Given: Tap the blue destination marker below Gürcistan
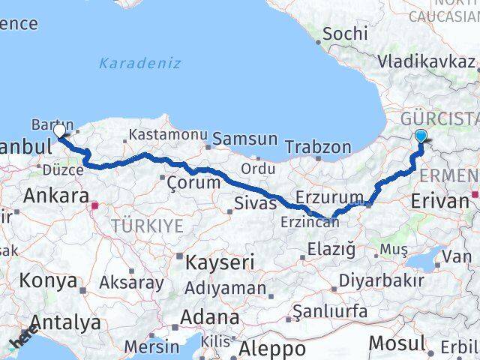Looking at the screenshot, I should point(421,136).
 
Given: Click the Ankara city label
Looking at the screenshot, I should point(56,196).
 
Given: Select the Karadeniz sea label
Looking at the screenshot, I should point(139,63).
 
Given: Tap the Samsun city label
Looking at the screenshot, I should point(244,139).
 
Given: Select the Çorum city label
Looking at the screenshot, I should point(193,182).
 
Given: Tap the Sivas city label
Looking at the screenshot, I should point(250,202).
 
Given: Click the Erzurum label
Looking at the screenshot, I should point(329,196).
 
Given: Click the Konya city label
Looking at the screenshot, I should point(49,281).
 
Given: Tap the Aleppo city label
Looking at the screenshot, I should point(271,349).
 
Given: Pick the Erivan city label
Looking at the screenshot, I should point(439,200).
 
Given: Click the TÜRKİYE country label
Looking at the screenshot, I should point(147,226).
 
